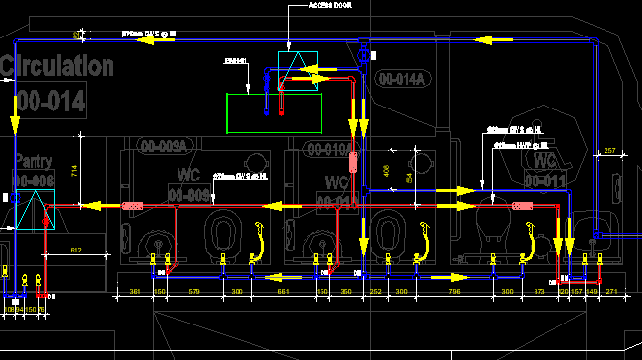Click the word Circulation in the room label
[57, 67]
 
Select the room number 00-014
[51, 100]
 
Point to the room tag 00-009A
[163, 147]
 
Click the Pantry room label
[34, 162]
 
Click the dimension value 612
[76, 252]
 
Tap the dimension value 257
[608, 150]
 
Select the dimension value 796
[454, 292]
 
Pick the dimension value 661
[283, 292]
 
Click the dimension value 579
[194, 292]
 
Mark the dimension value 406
[385, 169]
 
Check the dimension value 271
[611, 292]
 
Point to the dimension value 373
[539, 292]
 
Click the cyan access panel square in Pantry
[33, 210]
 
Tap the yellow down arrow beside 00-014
[16, 122]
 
